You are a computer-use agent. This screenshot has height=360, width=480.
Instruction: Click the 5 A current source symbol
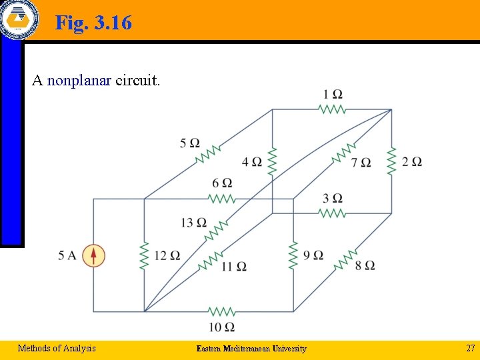(x=94, y=255)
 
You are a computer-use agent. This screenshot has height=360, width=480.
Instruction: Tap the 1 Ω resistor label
(x=333, y=94)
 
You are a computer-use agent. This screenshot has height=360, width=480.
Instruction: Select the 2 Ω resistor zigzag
(x=391, y=161)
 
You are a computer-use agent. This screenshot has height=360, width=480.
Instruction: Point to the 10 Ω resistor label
(x=221, y=327)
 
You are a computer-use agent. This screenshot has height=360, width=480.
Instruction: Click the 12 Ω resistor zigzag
(x=144, y=255)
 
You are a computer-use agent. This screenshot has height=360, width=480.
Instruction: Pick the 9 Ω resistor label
(x=313, y=255)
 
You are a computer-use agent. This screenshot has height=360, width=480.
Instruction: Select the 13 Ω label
(x=193, y=223)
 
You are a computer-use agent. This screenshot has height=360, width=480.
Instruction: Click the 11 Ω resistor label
(x=234, y=267)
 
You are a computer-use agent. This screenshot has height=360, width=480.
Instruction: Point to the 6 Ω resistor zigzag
(x=221, y=199)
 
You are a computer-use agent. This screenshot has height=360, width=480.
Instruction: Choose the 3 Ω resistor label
(x=333, y=198)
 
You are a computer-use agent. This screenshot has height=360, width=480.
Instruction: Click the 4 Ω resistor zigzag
(x=271, y=161)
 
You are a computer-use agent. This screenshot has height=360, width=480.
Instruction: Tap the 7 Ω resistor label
(x=361, y=163)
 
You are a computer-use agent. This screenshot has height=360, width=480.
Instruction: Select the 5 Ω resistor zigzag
(x=208, y=155)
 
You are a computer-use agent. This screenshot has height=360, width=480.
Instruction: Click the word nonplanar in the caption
(x=79, y=81)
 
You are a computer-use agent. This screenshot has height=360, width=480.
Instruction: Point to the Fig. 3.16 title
(x=93, y=23)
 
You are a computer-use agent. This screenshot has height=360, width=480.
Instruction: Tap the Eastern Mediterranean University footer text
(x=251, y=349)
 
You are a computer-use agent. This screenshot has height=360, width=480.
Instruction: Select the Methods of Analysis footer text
(x=57, y=348)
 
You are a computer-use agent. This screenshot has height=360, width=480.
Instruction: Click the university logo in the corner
(x=18, y=18)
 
